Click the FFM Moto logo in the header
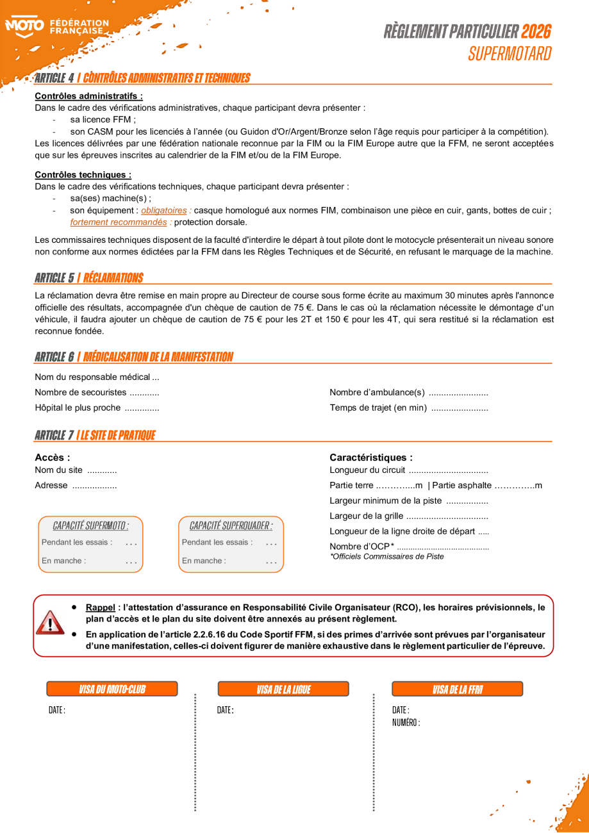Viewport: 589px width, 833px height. [56, 27]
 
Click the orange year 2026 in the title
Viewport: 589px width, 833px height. [536, 31]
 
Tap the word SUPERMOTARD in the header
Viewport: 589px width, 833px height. [509, 53]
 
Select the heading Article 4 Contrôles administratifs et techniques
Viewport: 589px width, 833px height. [142, 78]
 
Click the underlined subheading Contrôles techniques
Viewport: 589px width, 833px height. [83, 175]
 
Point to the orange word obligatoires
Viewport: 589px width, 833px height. [164, 210]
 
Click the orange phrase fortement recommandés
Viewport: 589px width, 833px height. [119, 222]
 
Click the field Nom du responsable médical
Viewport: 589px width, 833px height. [97, 377]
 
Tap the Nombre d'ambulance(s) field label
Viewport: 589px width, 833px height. [377, 392]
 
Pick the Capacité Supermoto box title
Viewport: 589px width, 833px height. [90, 526]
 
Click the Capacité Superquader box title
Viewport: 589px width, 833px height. [231, 526]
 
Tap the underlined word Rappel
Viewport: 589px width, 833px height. [101, 607]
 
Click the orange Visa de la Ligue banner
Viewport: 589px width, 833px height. [283, 689]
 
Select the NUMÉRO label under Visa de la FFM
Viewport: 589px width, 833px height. [406, 723]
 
